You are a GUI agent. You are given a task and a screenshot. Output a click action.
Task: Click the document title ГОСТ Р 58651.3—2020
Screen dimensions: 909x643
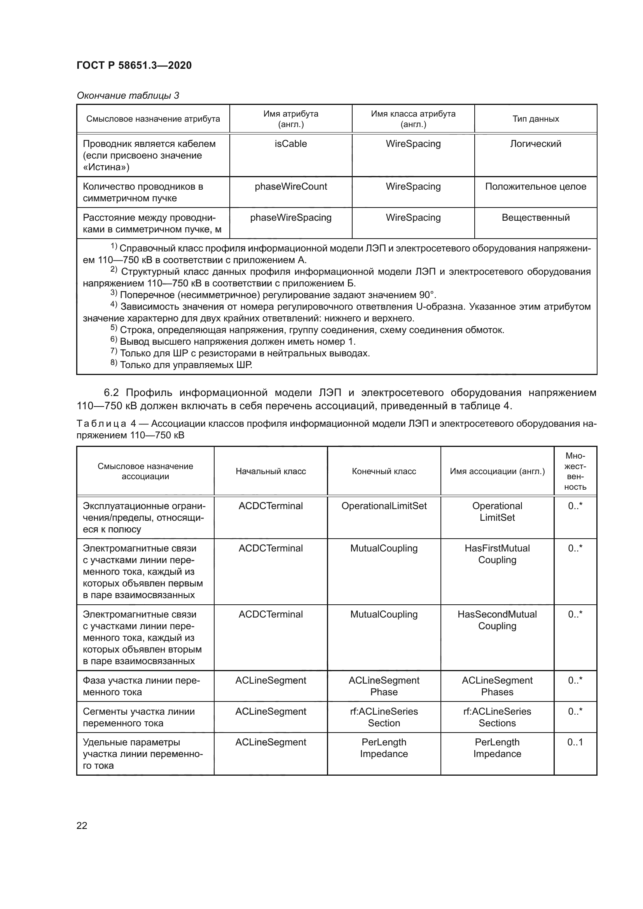coord(134,65)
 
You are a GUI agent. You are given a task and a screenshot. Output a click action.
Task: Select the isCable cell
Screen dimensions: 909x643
coord(291,144)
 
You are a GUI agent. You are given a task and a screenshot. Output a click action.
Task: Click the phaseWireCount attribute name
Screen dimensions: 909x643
coord(291,187)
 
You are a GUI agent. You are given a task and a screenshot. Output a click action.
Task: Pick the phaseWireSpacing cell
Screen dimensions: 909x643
coord(291,218)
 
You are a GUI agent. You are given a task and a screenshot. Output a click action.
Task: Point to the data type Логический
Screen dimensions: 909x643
coord(535,144)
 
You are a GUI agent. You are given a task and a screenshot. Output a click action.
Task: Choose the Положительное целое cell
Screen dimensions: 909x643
coord(535,187)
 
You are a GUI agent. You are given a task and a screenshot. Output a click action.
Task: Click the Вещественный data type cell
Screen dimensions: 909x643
coord(535,218)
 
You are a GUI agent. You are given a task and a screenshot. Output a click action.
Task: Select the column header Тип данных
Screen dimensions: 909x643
coord(535,119)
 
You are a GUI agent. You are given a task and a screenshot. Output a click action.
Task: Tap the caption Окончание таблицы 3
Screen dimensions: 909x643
coord(128,96)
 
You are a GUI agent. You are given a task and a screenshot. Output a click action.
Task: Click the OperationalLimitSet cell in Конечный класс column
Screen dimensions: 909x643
coord(384,506)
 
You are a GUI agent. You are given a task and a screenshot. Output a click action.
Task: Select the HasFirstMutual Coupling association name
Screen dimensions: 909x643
coord(497,554)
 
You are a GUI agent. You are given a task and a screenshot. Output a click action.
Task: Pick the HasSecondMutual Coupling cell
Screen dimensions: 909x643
coord(497,620)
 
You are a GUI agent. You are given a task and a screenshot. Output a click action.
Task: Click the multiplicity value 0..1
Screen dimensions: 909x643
coord(575,742)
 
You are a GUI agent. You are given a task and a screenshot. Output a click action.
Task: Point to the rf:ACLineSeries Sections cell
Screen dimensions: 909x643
coord(497,717)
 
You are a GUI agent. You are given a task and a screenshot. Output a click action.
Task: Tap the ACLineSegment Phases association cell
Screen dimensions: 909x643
coord(497,686)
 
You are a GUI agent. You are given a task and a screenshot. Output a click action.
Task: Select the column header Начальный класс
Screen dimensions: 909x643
coord(271,471)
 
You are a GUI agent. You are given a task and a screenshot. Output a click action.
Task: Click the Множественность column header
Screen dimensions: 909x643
coord(575,471)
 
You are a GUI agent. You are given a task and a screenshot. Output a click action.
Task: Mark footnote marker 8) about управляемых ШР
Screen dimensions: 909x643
coord(114,363)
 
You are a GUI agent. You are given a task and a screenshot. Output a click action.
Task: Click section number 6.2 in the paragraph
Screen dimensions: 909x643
coord(111,393)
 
